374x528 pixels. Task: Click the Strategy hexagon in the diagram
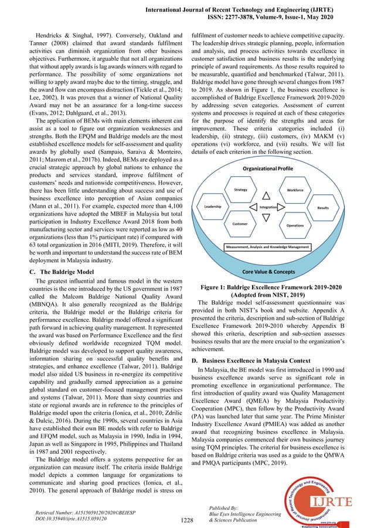[x=241, y=190]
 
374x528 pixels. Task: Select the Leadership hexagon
[x=212, y=207]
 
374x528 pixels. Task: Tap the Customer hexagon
[x=240, y=224]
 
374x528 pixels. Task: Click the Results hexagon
[x=322, y=208]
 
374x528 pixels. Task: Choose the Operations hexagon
[x=295, y=225]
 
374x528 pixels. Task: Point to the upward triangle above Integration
[x=267, y=196]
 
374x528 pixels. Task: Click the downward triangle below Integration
[x=267, y=219]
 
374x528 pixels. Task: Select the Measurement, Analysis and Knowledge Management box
[x=267, y=248]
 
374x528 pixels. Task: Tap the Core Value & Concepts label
[x=267, y=272]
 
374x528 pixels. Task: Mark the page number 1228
[x=186, y=519]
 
